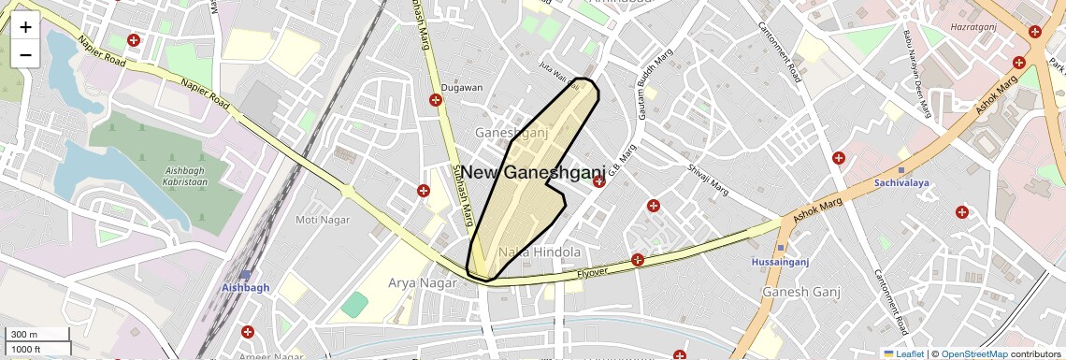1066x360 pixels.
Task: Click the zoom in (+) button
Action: click(x=25, y=27)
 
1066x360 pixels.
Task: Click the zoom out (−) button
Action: click(x=25, y=55)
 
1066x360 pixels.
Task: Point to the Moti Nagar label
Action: click(x=322, y=220)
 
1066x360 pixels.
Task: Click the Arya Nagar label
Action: click(x=416, y=281)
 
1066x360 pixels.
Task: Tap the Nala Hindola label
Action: click(x=540, y=252)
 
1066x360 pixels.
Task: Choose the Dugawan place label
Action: click(x=461, y=88)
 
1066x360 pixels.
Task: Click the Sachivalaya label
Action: click(x=901, y=183)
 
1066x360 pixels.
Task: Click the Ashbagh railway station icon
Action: click(x=245, y=275)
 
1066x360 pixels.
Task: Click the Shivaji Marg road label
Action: click(x=708, y=176)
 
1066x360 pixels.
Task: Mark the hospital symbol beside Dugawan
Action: click(x=436, y=100)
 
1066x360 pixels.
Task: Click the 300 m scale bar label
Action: click(x=24, y=335)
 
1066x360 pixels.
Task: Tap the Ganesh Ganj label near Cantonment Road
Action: click(x=797, y=293)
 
